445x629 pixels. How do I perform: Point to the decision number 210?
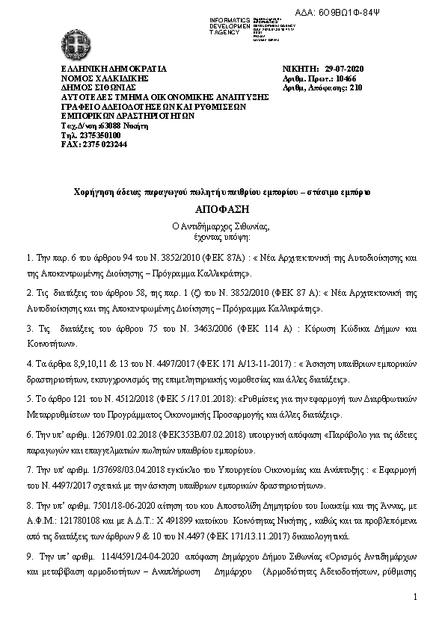[355, 87]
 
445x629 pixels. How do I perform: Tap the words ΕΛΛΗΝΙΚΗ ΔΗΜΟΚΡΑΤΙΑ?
[113, 69]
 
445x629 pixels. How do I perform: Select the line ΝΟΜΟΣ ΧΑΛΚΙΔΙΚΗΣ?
[105, 78]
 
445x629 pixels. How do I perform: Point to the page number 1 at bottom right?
[414, 598]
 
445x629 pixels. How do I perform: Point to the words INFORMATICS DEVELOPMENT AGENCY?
[230, 25]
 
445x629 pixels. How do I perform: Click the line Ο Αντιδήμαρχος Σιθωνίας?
[222, 226]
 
